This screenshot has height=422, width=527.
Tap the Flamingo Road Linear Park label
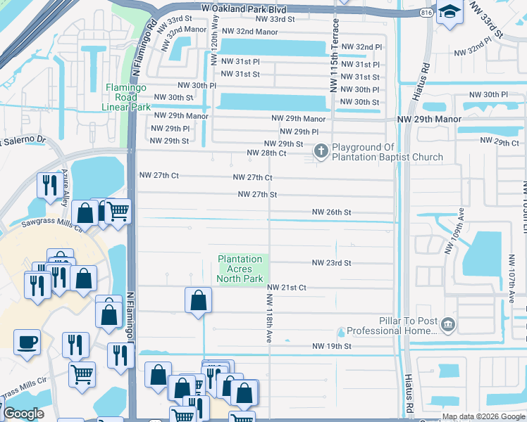(128, 97)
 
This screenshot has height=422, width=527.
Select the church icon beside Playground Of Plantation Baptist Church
(321, 151)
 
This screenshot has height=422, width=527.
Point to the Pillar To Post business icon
(448, 325)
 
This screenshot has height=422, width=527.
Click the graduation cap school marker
(449, 13)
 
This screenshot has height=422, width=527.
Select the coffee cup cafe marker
(27, 343)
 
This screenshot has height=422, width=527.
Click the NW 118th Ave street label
(268, 318)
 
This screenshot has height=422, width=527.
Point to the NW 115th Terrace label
(335, 55)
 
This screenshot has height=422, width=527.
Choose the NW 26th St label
(332, 212)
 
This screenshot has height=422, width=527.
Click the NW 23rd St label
(332, 263)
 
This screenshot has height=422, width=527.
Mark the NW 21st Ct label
(286, 287)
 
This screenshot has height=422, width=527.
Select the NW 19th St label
(332, 346)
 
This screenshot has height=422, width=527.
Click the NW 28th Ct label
(266, 153)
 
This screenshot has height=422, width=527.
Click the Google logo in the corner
(23, 414)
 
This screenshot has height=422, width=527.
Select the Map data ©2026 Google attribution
(483, 416)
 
